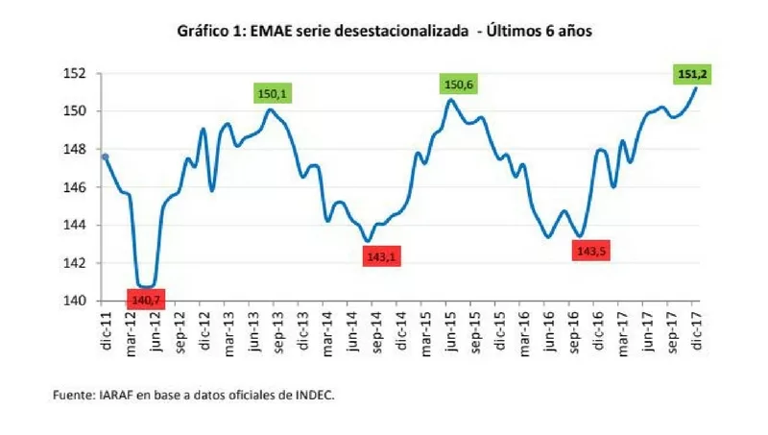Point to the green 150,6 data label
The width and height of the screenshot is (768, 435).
pyautogui.click(x=458, y=85)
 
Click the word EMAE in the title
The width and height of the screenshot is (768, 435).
pyautogui.click(x=278, y=31)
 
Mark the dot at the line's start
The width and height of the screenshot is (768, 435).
pyautogui.click(x=105, y=157)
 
